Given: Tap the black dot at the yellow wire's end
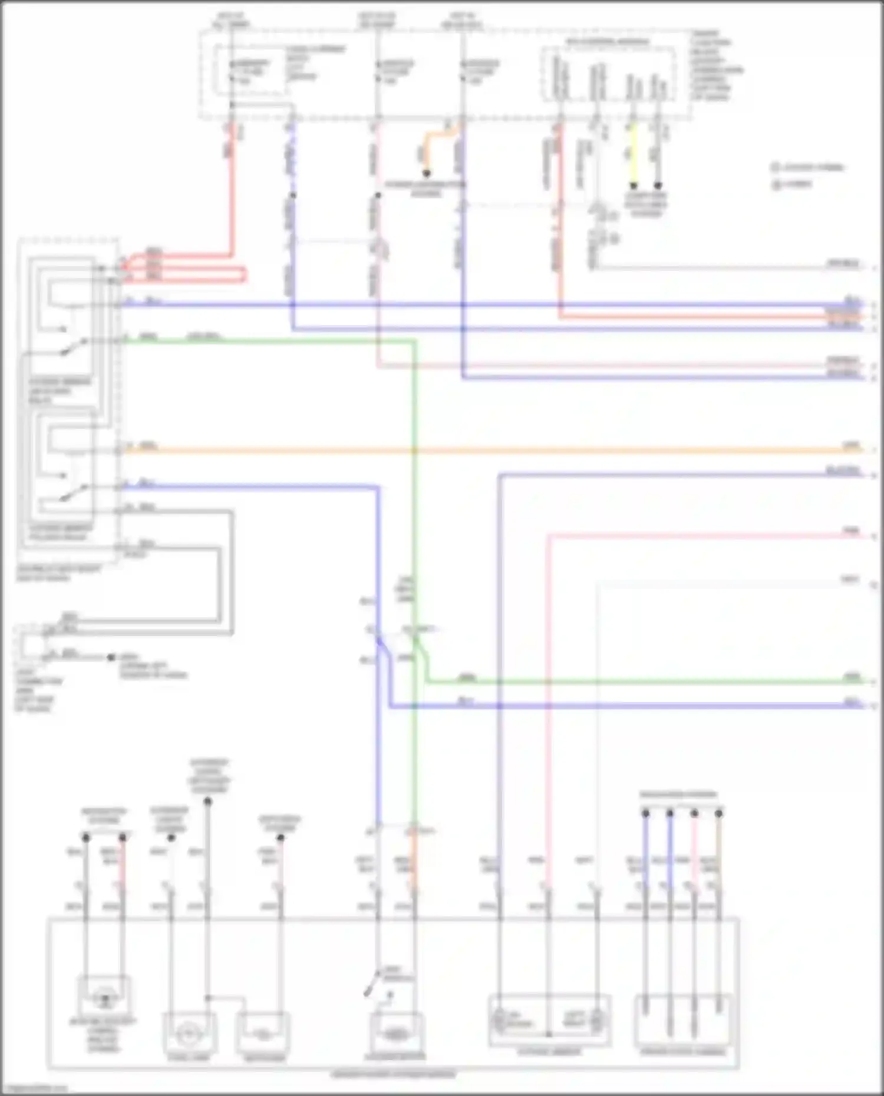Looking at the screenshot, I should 633,186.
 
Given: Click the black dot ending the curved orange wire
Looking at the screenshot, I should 425,174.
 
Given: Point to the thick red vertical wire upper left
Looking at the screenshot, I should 231,194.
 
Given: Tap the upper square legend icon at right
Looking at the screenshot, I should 776,168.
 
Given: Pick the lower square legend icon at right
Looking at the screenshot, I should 776,185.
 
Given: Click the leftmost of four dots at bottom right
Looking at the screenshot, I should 645,813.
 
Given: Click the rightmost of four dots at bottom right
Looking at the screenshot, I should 718,813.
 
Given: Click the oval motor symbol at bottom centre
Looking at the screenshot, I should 394,1034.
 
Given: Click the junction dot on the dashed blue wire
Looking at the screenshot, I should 293,196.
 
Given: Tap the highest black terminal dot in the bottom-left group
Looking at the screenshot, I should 207,801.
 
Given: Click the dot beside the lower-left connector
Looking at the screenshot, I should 111,657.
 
